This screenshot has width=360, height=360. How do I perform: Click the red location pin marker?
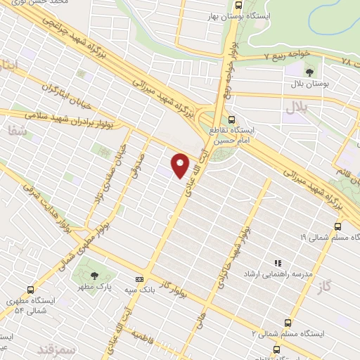click(x=181, y=165)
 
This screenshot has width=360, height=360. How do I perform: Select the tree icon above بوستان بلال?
click(x=309, y=71)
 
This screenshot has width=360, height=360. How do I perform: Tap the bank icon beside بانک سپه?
click(x=139, y=278)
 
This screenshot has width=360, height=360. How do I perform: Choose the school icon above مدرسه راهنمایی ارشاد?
click(x=277, y=259)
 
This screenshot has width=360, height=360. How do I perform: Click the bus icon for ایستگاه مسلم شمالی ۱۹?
click(x=337, y=226)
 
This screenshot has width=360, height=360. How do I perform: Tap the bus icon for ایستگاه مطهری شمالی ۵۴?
click(x=30, y=289)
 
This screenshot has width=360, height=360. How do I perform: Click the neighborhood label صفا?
click(x=15, y=131)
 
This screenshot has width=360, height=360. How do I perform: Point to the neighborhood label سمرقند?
click(x=58, y=349)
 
